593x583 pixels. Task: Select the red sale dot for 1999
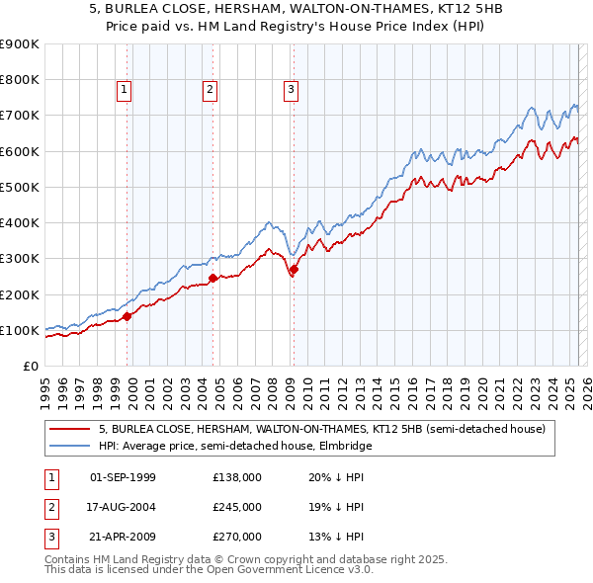click(x=127, y=317)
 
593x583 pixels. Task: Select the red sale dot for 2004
click(x=213, y=279)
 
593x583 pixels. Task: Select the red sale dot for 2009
click(x=294, y=269)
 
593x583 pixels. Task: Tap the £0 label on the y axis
click(x=30, y=366)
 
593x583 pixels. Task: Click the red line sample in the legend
click(x=70, y=429)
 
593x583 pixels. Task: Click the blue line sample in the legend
click(x=70, y=446)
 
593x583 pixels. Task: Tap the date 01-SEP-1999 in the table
click(x=123, y=477)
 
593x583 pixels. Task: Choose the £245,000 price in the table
click(x=237, y=507)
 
